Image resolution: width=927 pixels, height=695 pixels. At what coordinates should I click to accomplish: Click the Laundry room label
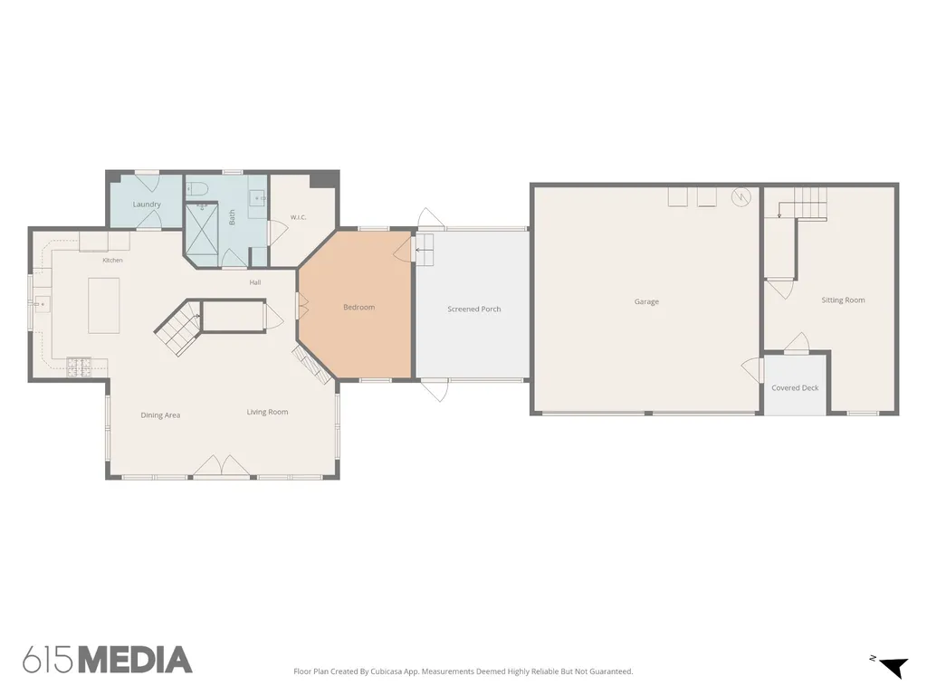147,205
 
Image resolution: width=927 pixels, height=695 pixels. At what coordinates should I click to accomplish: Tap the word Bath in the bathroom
232,217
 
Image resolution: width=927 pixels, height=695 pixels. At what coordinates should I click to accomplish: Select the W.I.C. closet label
298,217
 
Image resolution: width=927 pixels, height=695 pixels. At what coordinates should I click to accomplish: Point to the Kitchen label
113,260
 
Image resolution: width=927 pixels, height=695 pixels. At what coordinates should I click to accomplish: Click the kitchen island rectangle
104,306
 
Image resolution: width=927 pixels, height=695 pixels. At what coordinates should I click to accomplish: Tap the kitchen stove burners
79,367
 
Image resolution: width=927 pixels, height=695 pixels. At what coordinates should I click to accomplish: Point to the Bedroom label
358,308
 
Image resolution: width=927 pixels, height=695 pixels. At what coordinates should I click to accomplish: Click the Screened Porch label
474,309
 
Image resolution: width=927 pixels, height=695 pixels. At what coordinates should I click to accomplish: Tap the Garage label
646,301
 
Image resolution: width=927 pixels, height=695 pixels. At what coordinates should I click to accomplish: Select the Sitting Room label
843,300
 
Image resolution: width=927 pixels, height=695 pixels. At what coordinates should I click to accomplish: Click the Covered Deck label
795,388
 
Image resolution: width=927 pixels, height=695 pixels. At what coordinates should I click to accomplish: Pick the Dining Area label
160,415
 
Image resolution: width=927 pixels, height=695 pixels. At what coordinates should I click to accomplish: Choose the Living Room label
267,412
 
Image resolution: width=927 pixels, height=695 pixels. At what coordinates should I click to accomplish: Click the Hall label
254,282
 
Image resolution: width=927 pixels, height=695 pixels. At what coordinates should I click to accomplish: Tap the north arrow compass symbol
894,667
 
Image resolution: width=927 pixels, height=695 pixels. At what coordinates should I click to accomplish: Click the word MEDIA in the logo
136,660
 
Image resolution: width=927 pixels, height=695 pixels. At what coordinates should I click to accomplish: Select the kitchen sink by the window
42,304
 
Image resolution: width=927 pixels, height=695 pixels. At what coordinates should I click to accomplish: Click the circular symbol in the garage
741,196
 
